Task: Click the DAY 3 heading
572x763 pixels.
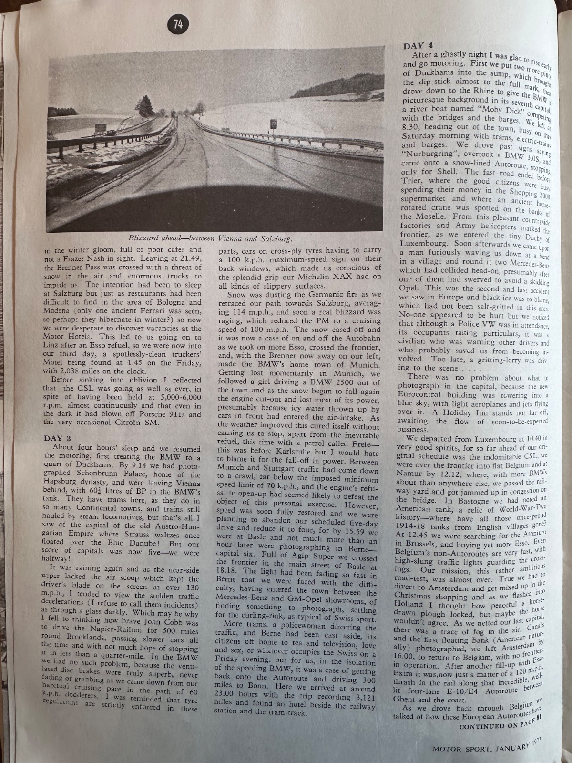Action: click(57, 438)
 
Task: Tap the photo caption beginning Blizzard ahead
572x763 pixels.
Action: click(210, 238)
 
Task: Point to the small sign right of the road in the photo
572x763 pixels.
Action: click(273, 124)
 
